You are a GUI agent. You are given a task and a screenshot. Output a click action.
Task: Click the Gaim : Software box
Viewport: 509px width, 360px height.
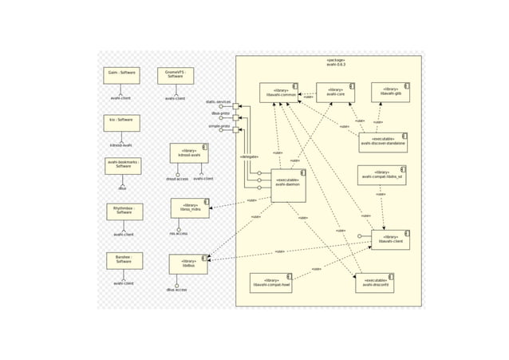(121, 75)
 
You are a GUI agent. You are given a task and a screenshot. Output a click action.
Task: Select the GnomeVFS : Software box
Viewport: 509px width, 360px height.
(175, 75)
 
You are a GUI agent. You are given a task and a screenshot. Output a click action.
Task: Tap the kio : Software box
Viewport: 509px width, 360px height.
(121, 122)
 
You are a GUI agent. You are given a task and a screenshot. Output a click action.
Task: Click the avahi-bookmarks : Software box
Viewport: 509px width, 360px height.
(123, 165)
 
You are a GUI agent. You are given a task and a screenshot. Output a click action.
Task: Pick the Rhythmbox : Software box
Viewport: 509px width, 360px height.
(124, 211)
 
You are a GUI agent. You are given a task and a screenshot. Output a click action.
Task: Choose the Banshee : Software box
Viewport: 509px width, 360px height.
(124, 260)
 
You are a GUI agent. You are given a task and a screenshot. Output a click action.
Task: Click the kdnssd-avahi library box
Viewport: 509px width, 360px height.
(189, 152)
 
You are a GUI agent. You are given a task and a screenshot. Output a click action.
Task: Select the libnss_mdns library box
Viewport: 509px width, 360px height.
(190, 208)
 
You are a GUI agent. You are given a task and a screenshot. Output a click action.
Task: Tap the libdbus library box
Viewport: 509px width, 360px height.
(188, 263)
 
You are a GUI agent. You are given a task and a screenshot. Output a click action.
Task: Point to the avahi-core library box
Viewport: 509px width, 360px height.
(335, 92)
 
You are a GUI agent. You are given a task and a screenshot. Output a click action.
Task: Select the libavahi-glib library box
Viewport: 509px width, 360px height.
(390, 92)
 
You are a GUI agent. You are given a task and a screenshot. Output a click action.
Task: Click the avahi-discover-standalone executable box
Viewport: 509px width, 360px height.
(383, 142)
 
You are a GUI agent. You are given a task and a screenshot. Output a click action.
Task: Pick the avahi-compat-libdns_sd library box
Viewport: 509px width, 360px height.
(381, 175)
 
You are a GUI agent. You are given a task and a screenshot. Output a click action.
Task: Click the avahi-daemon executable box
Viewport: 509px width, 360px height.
(288, 185)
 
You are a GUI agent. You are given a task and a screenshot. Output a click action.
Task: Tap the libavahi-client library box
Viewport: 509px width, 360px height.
(390, 239)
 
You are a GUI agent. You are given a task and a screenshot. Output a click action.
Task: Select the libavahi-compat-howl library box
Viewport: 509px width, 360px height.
(270, 283)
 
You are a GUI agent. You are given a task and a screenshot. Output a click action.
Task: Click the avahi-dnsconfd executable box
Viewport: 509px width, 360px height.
(374, 283)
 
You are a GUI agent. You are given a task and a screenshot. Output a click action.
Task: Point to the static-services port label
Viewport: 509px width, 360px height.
(218, 102)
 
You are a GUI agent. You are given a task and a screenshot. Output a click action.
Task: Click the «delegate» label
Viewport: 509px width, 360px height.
(249, 156)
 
